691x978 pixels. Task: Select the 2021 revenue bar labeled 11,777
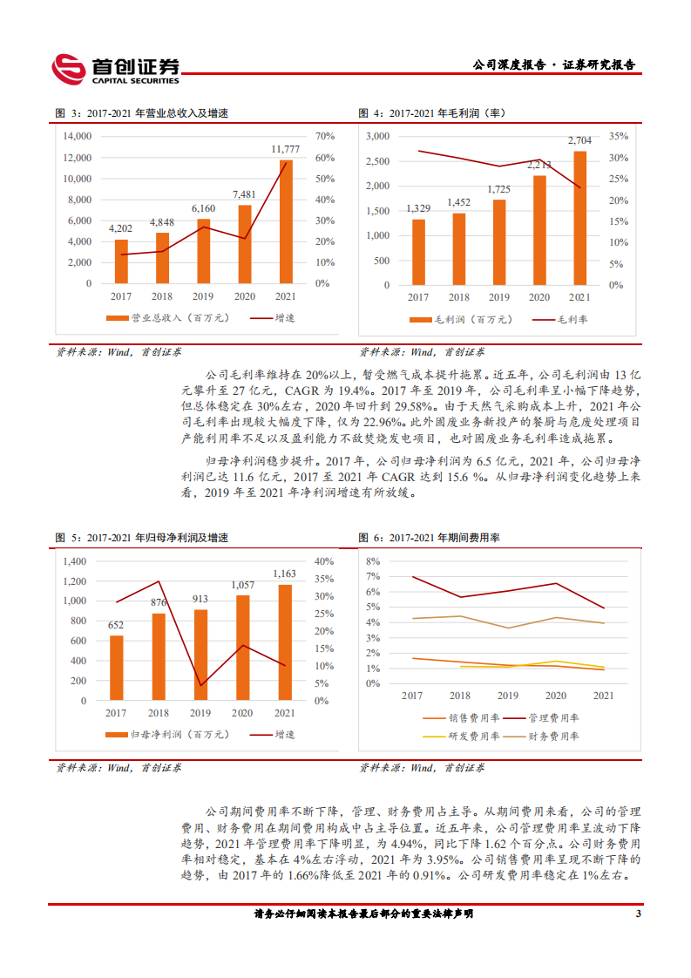click(x=286, y=221)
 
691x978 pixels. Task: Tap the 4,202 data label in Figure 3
click(x=121, y=228)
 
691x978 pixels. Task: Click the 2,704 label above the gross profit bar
click(x=579, y=139)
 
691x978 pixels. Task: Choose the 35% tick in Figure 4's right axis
click(x=618, y=137)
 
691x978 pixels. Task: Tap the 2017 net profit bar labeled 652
click(x=116, y=668)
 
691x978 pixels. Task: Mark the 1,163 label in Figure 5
click(x=285, y=574)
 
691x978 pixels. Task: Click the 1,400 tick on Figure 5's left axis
click(x=75, y=561)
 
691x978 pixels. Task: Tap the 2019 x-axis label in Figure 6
click(x=507, y=696)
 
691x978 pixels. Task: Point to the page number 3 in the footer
click(x=638, y=914)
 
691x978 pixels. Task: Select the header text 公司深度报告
click(x=508, y=65)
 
